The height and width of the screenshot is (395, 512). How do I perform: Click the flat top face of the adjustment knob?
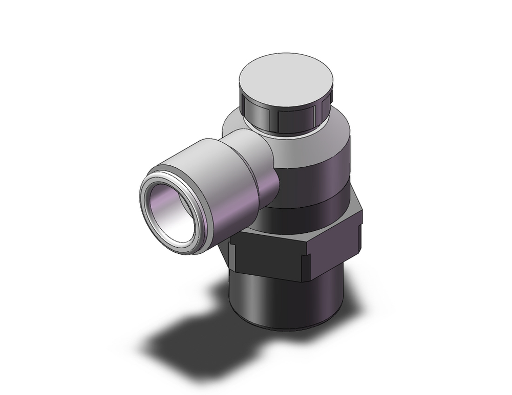[287, 81]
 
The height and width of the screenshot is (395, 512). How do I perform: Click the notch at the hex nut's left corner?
[231, 251]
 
